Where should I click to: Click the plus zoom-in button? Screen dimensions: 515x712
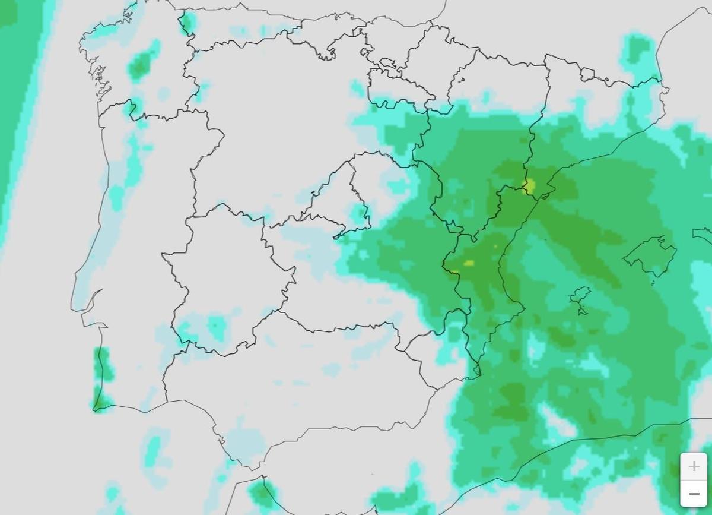click(x=694, y=466)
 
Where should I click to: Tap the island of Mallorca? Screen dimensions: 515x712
click(x=650, y=255)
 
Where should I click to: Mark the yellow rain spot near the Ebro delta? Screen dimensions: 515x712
click(x=529, y=187)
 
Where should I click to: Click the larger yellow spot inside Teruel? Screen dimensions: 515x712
click(x=469, y=263)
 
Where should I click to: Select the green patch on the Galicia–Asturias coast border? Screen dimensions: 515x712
click(x=187, y=24)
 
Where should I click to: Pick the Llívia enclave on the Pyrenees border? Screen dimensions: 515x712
click(x=587, y=74)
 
